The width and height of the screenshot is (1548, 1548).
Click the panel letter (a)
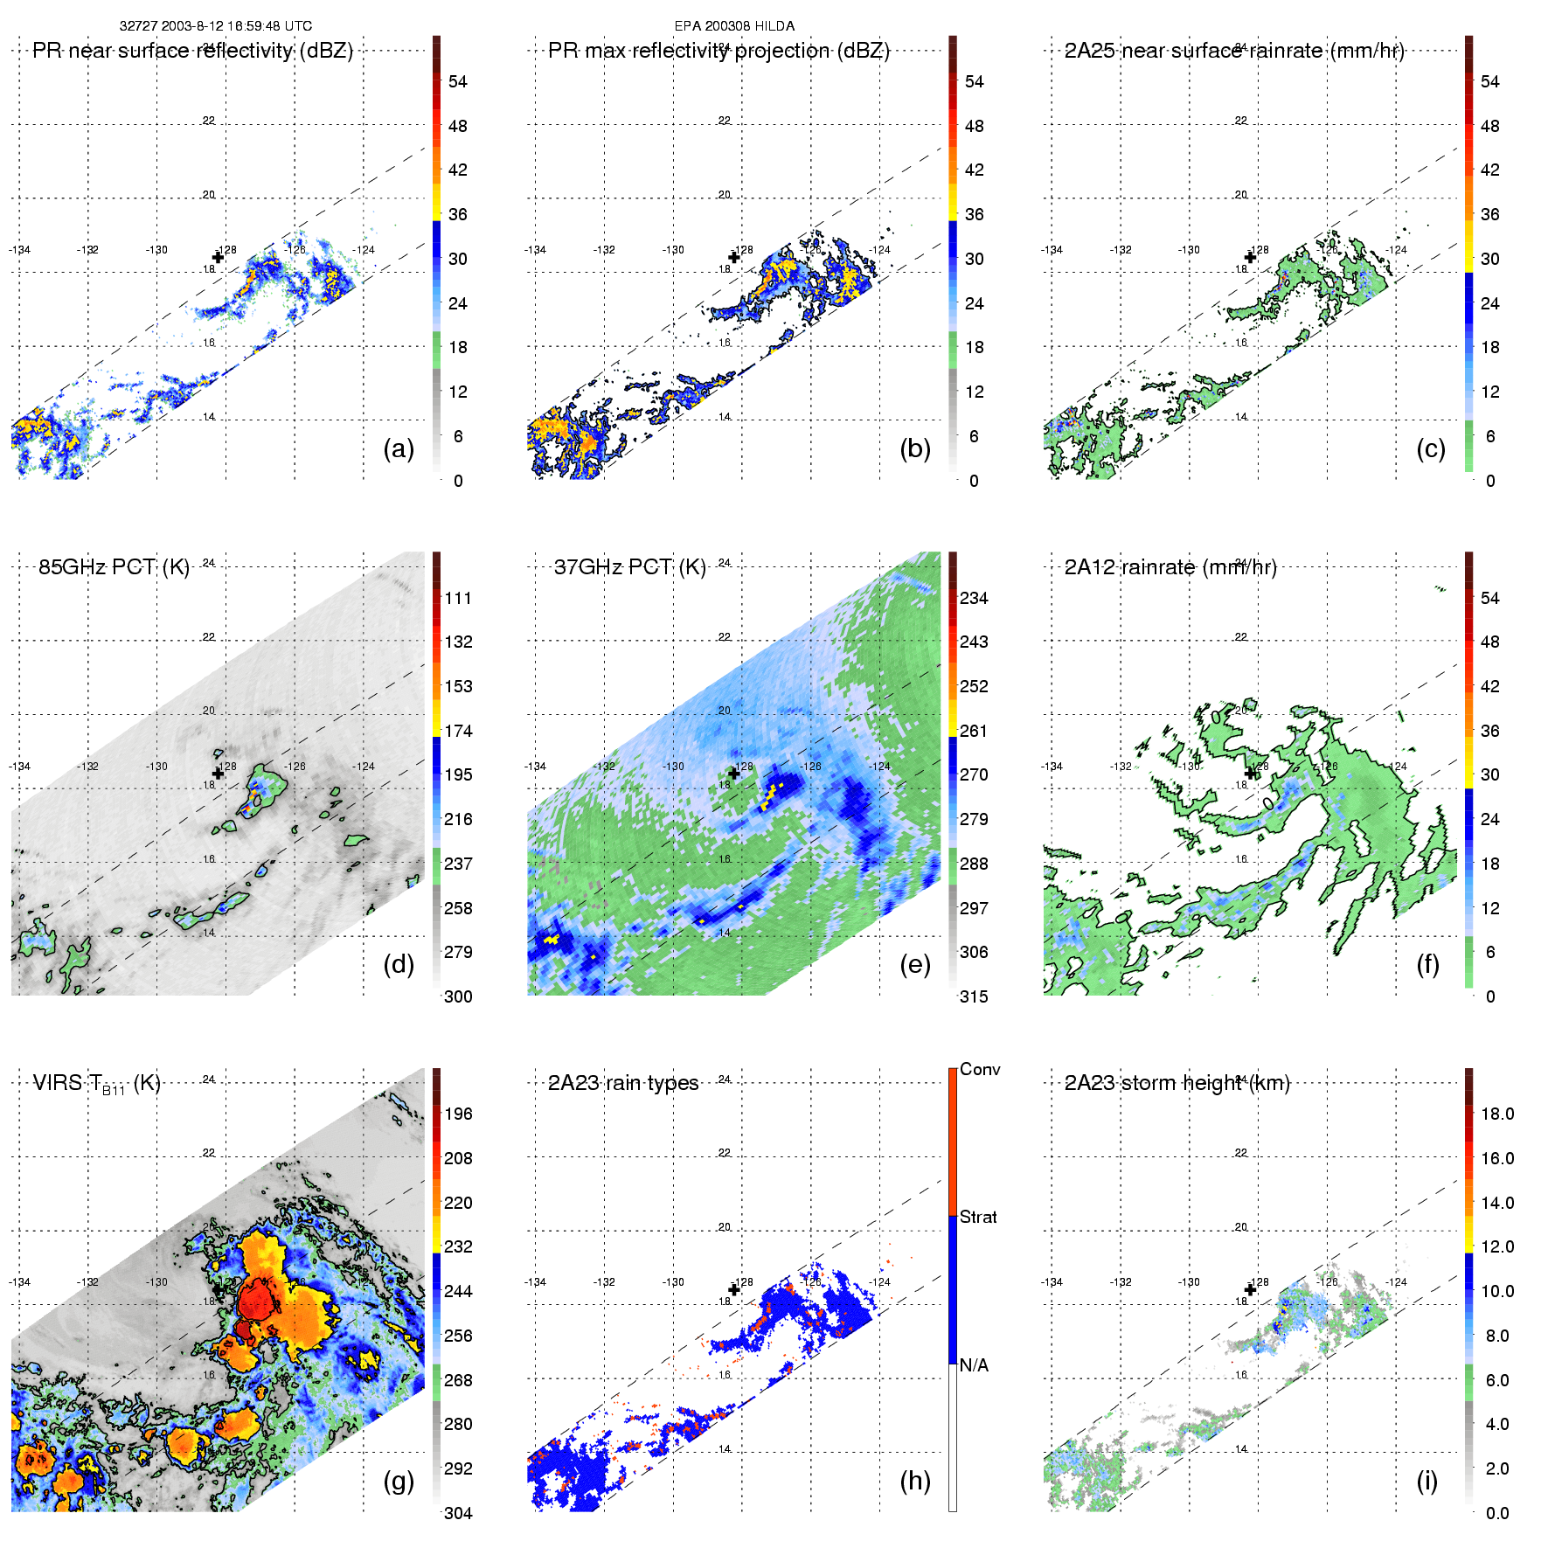tap(399, 449)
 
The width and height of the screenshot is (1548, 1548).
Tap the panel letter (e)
tap(914, 965)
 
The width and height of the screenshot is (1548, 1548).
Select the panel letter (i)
tap(1427, 1481)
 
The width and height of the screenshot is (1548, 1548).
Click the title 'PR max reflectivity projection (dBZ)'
tap(718, 51)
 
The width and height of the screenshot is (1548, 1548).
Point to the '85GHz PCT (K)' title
tap(114, 567)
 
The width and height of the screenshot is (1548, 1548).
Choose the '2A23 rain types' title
tap(623, 1083)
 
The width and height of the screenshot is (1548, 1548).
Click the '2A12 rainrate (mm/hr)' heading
tap(1170, 567)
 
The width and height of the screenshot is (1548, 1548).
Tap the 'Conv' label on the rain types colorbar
tap(980, 1070)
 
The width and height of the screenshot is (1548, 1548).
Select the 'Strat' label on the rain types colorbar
tap(978, 1218)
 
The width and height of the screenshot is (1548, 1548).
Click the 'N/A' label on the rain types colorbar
tap(974, 1365)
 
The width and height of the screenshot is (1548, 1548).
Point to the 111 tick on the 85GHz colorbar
tap(458, 599)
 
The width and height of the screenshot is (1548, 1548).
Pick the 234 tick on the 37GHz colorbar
tap(974, 599)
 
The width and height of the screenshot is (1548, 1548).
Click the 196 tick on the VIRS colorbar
tap(458, 1114)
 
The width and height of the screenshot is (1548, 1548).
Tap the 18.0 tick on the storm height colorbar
tap(1497, 1114)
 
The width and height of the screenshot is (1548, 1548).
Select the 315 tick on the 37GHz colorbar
tap(974, 997)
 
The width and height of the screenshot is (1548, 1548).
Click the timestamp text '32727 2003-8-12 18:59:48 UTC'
tap(216, 26)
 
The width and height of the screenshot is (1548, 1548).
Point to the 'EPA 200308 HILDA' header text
tap(734, 26)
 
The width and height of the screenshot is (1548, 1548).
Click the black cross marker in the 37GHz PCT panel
tap(734, 774)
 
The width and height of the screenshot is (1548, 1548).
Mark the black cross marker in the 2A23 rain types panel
tap(734, 1289)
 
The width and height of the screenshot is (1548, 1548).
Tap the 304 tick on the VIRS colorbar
tap(458, 1513)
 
